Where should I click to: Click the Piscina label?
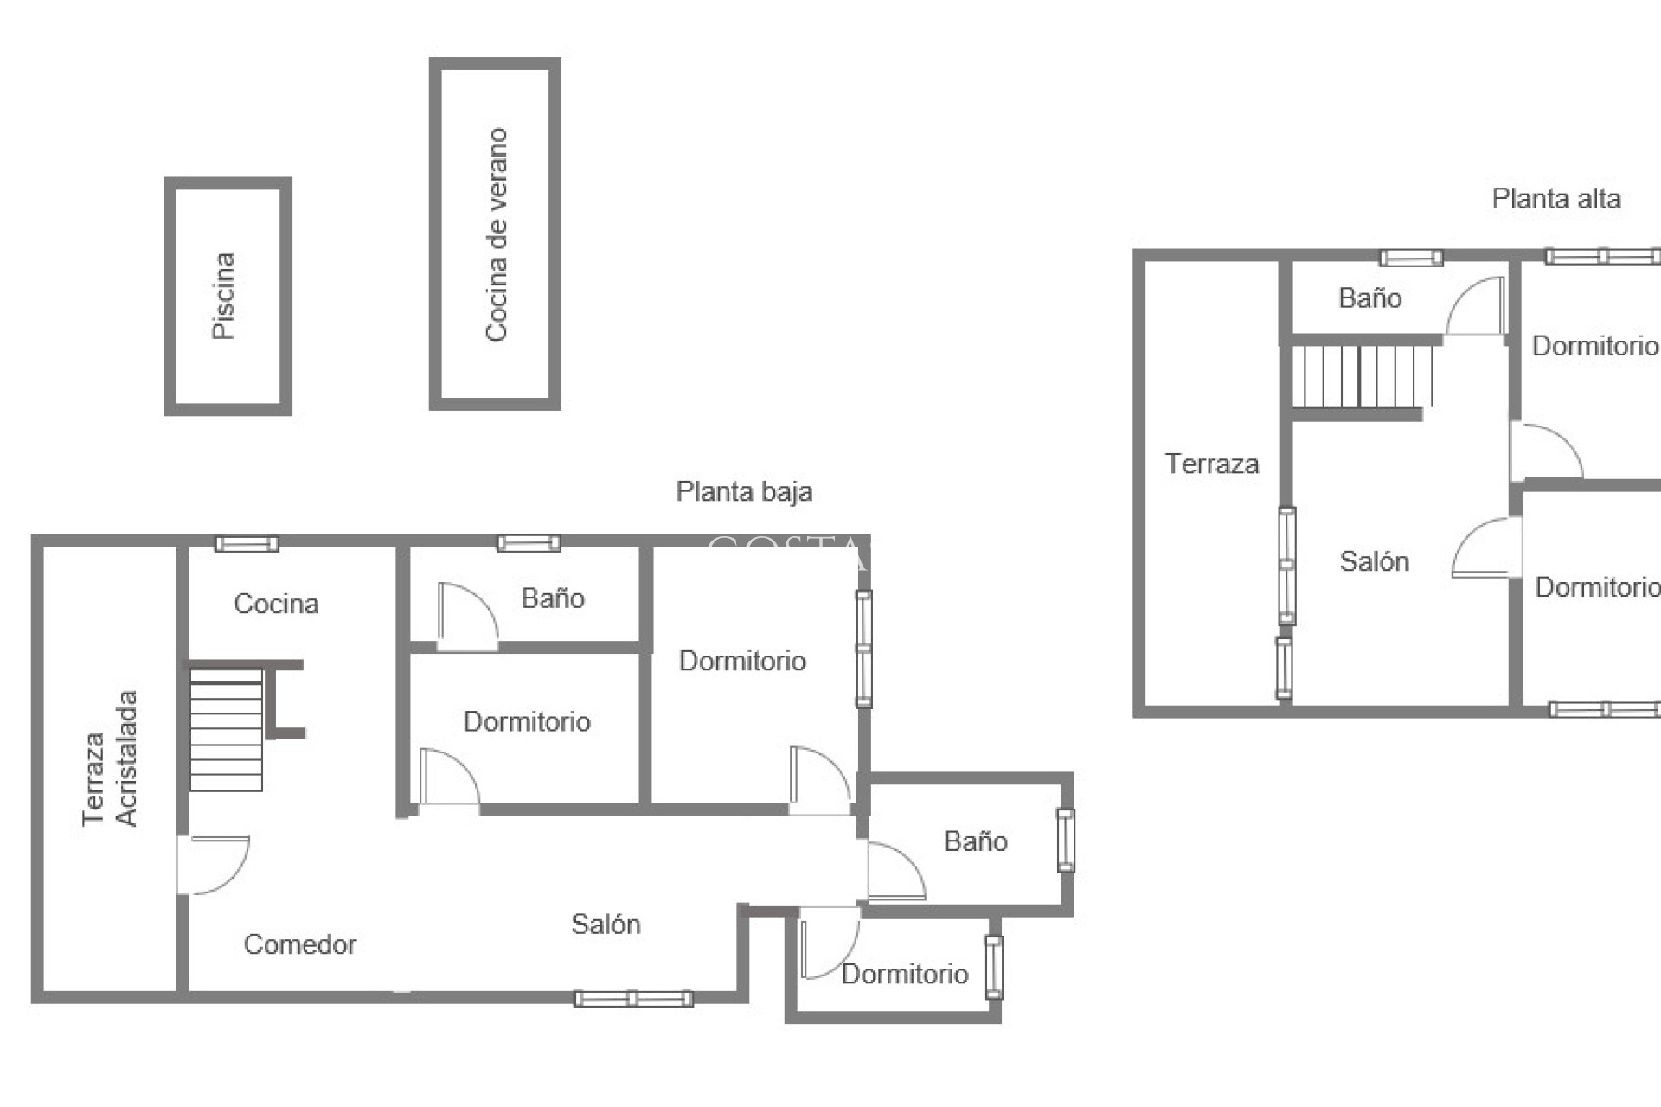click(x=224, y=296)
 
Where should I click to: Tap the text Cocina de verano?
click(x=496, y=234)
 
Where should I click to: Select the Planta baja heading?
click(x=744, y=492)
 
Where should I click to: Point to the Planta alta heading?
click(x=1555, y=199)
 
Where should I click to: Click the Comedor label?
click(x=299, y=944)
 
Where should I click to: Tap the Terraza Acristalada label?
click(x=110, y=758)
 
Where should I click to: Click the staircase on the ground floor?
click(x=226, y=729)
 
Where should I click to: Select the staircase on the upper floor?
click(x=1360, y=376)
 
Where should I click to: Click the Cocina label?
click(x=276, y=604)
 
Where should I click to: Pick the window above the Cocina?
click(x=247, y=544)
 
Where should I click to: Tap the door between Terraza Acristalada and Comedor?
click(x=212, y=864)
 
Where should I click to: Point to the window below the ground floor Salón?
click(x=633, y=999)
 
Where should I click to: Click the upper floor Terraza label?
click(x=1211, y=464)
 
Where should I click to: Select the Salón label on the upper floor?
click(x=1374, y=561)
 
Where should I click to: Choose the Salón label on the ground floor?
click(x=606, y=925)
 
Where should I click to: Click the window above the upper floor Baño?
click(x=1411, y=258)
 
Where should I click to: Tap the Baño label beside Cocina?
click(x=553, y=598)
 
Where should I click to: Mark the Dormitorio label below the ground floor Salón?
click(x=905, y=975)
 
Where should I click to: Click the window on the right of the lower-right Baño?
click(x=1066, y=840)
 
